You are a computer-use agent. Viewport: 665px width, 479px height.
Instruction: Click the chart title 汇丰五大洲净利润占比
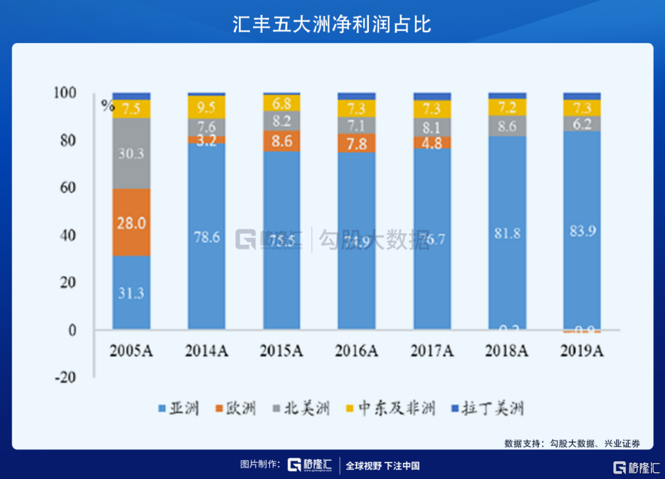[332, 23]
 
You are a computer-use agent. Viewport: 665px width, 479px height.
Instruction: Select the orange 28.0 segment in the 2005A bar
[131, 223]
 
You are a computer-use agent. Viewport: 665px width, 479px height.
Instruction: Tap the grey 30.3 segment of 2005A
[131, 153]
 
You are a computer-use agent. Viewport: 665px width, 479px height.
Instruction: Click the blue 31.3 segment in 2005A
[131, 293]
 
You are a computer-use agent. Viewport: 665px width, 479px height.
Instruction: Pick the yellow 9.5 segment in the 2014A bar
[206, 107]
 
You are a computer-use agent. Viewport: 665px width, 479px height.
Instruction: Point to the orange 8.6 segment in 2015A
[281, 141]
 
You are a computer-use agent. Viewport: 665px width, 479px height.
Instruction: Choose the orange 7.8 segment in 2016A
[357, 143]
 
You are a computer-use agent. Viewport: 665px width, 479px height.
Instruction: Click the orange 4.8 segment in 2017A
[432, 142]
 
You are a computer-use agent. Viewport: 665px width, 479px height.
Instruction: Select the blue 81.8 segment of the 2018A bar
[507, 232]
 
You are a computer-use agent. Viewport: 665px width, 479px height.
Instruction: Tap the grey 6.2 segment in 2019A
[582, 124]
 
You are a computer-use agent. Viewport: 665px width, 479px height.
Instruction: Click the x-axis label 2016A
[357, 351]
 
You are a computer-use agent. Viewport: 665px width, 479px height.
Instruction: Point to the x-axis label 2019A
[582, 351]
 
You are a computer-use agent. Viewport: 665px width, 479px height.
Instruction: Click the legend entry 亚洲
[180, 408]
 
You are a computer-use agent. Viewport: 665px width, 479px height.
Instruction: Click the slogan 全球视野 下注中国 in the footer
[382, 466]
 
